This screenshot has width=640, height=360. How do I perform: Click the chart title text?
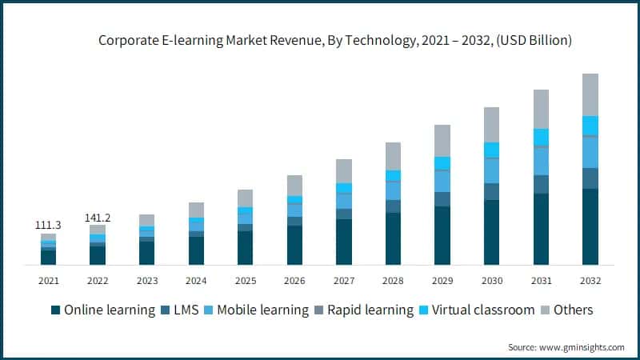coord(335,39)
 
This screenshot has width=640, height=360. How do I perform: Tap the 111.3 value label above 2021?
coord(48,226)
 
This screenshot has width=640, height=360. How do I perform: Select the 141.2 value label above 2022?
coord(98,218)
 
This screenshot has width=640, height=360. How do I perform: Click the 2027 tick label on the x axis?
coord(344,281)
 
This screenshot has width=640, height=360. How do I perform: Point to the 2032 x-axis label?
coord(590,281)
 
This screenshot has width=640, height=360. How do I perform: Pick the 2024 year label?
coord(196,281)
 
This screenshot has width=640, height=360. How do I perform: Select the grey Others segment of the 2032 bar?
coord(590,94)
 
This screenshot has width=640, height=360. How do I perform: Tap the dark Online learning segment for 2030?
coord(491,232)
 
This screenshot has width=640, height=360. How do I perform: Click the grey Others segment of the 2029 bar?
coord(442,140)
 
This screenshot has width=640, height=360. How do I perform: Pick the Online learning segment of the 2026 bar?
coord(294,245)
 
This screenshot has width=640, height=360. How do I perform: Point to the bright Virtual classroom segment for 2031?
coord(541,137)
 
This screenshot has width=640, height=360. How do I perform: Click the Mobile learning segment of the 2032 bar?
coord(590,152)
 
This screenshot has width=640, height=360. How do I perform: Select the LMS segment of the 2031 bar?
coord(541,184)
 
